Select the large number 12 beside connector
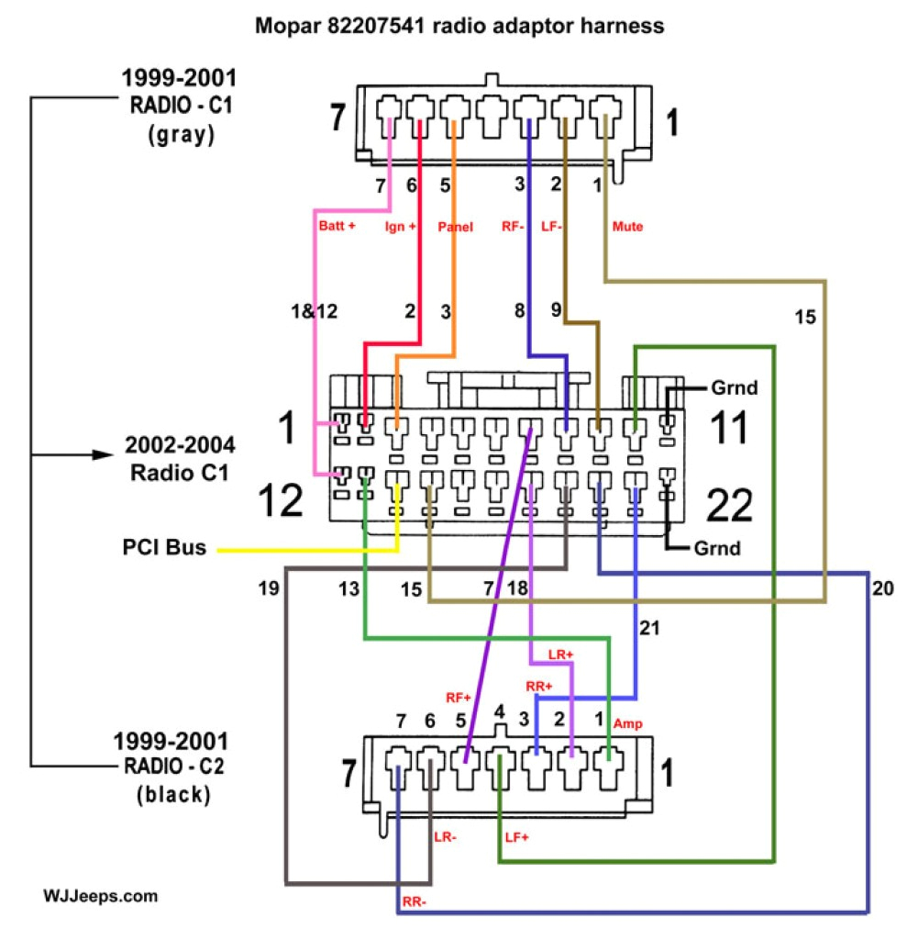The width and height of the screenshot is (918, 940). (x=280, y=501)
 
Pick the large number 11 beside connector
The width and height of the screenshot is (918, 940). (x=731, y=429)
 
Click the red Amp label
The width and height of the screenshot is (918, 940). (x=629, y=724)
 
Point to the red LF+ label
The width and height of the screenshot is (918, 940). (x=518, y=837)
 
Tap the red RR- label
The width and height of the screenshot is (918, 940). (x=414, y=902)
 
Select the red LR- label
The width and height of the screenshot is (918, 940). (x=446, y=837)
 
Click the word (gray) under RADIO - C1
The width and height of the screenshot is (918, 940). (x=180, y=135)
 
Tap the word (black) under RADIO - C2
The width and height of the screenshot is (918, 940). (x=173, y=794)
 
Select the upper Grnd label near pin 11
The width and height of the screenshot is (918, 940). (x=735, y=387)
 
